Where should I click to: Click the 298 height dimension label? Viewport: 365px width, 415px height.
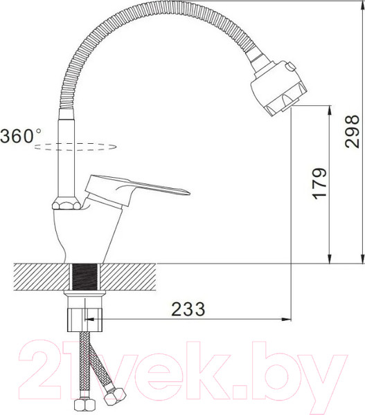point(353,131)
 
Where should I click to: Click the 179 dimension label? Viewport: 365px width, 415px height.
point(318,183)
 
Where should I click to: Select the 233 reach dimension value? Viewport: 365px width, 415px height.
point(186,310)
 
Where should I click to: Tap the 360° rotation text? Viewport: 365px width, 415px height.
point(21,136)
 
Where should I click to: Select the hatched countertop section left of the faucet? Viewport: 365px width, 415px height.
point(38,277)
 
